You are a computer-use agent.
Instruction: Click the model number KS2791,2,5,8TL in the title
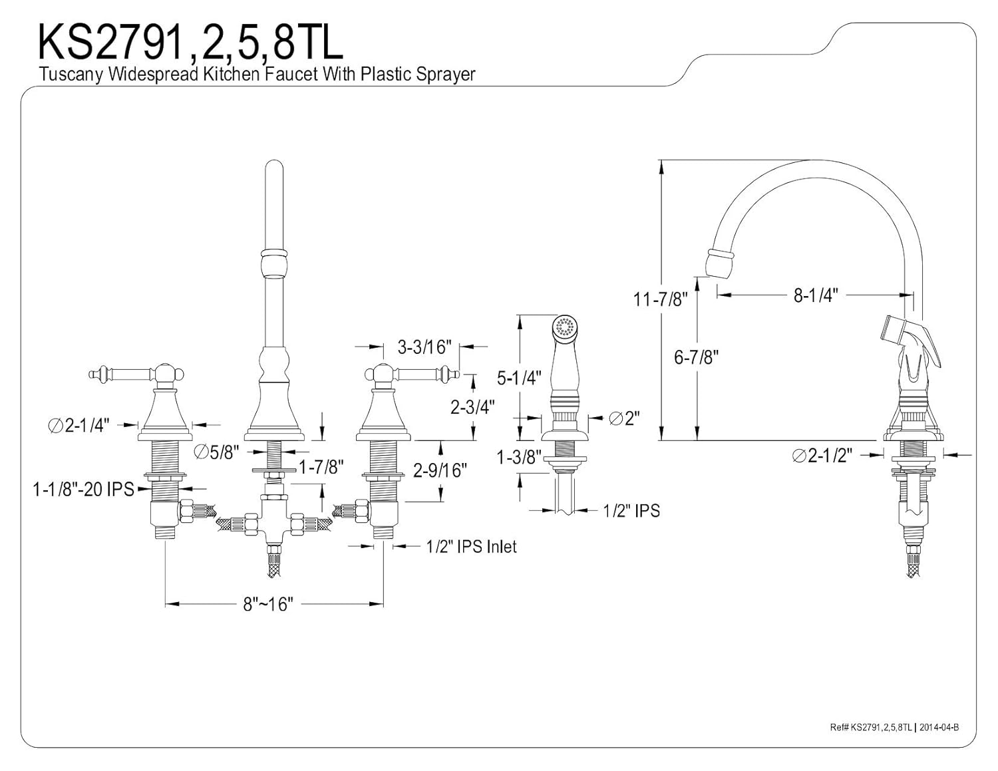coord(190,43)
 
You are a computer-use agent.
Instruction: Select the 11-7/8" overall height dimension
coord(661,299)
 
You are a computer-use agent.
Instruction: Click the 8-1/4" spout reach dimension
coord(816,295)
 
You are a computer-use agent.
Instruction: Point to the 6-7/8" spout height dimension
coord(696,357)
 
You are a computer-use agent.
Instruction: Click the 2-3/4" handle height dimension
coord(472,407)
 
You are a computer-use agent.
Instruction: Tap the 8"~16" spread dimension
coord(267,604)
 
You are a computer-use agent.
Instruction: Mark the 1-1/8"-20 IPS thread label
coord(84,490)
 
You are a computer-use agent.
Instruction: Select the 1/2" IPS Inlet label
coord(471,546)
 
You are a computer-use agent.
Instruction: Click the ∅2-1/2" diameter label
coord(822,456)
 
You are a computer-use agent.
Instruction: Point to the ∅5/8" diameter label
coord(217,452)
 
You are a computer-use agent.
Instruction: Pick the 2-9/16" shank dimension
coord(440,470)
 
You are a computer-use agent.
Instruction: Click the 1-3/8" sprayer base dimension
coord(517,457)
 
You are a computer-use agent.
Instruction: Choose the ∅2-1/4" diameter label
coord(79,426)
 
